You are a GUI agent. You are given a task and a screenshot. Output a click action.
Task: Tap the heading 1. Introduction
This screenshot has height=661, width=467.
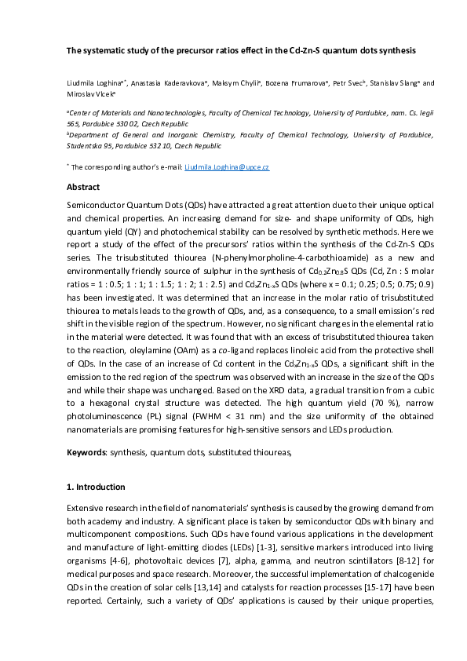click(x=97, y=488)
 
